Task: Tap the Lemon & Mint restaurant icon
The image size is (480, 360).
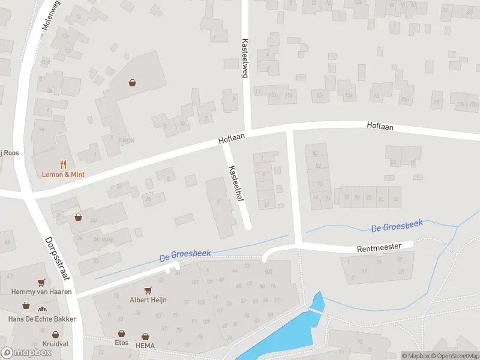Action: click(x=63, y=164)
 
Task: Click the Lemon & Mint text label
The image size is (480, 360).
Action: click(x=63, y=174)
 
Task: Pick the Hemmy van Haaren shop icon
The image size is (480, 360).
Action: click(x=41, y=282)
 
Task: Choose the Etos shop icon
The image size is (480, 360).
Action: click(x=122, y=333)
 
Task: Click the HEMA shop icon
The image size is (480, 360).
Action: click(x=145, y=337)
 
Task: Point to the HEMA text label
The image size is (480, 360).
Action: click(x=145, y=346)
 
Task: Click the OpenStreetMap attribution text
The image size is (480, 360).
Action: click(x=453, y=356)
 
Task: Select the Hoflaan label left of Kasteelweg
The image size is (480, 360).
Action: click(x=232, y=139)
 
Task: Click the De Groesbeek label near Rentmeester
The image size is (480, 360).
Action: click(x=397, y=226)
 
